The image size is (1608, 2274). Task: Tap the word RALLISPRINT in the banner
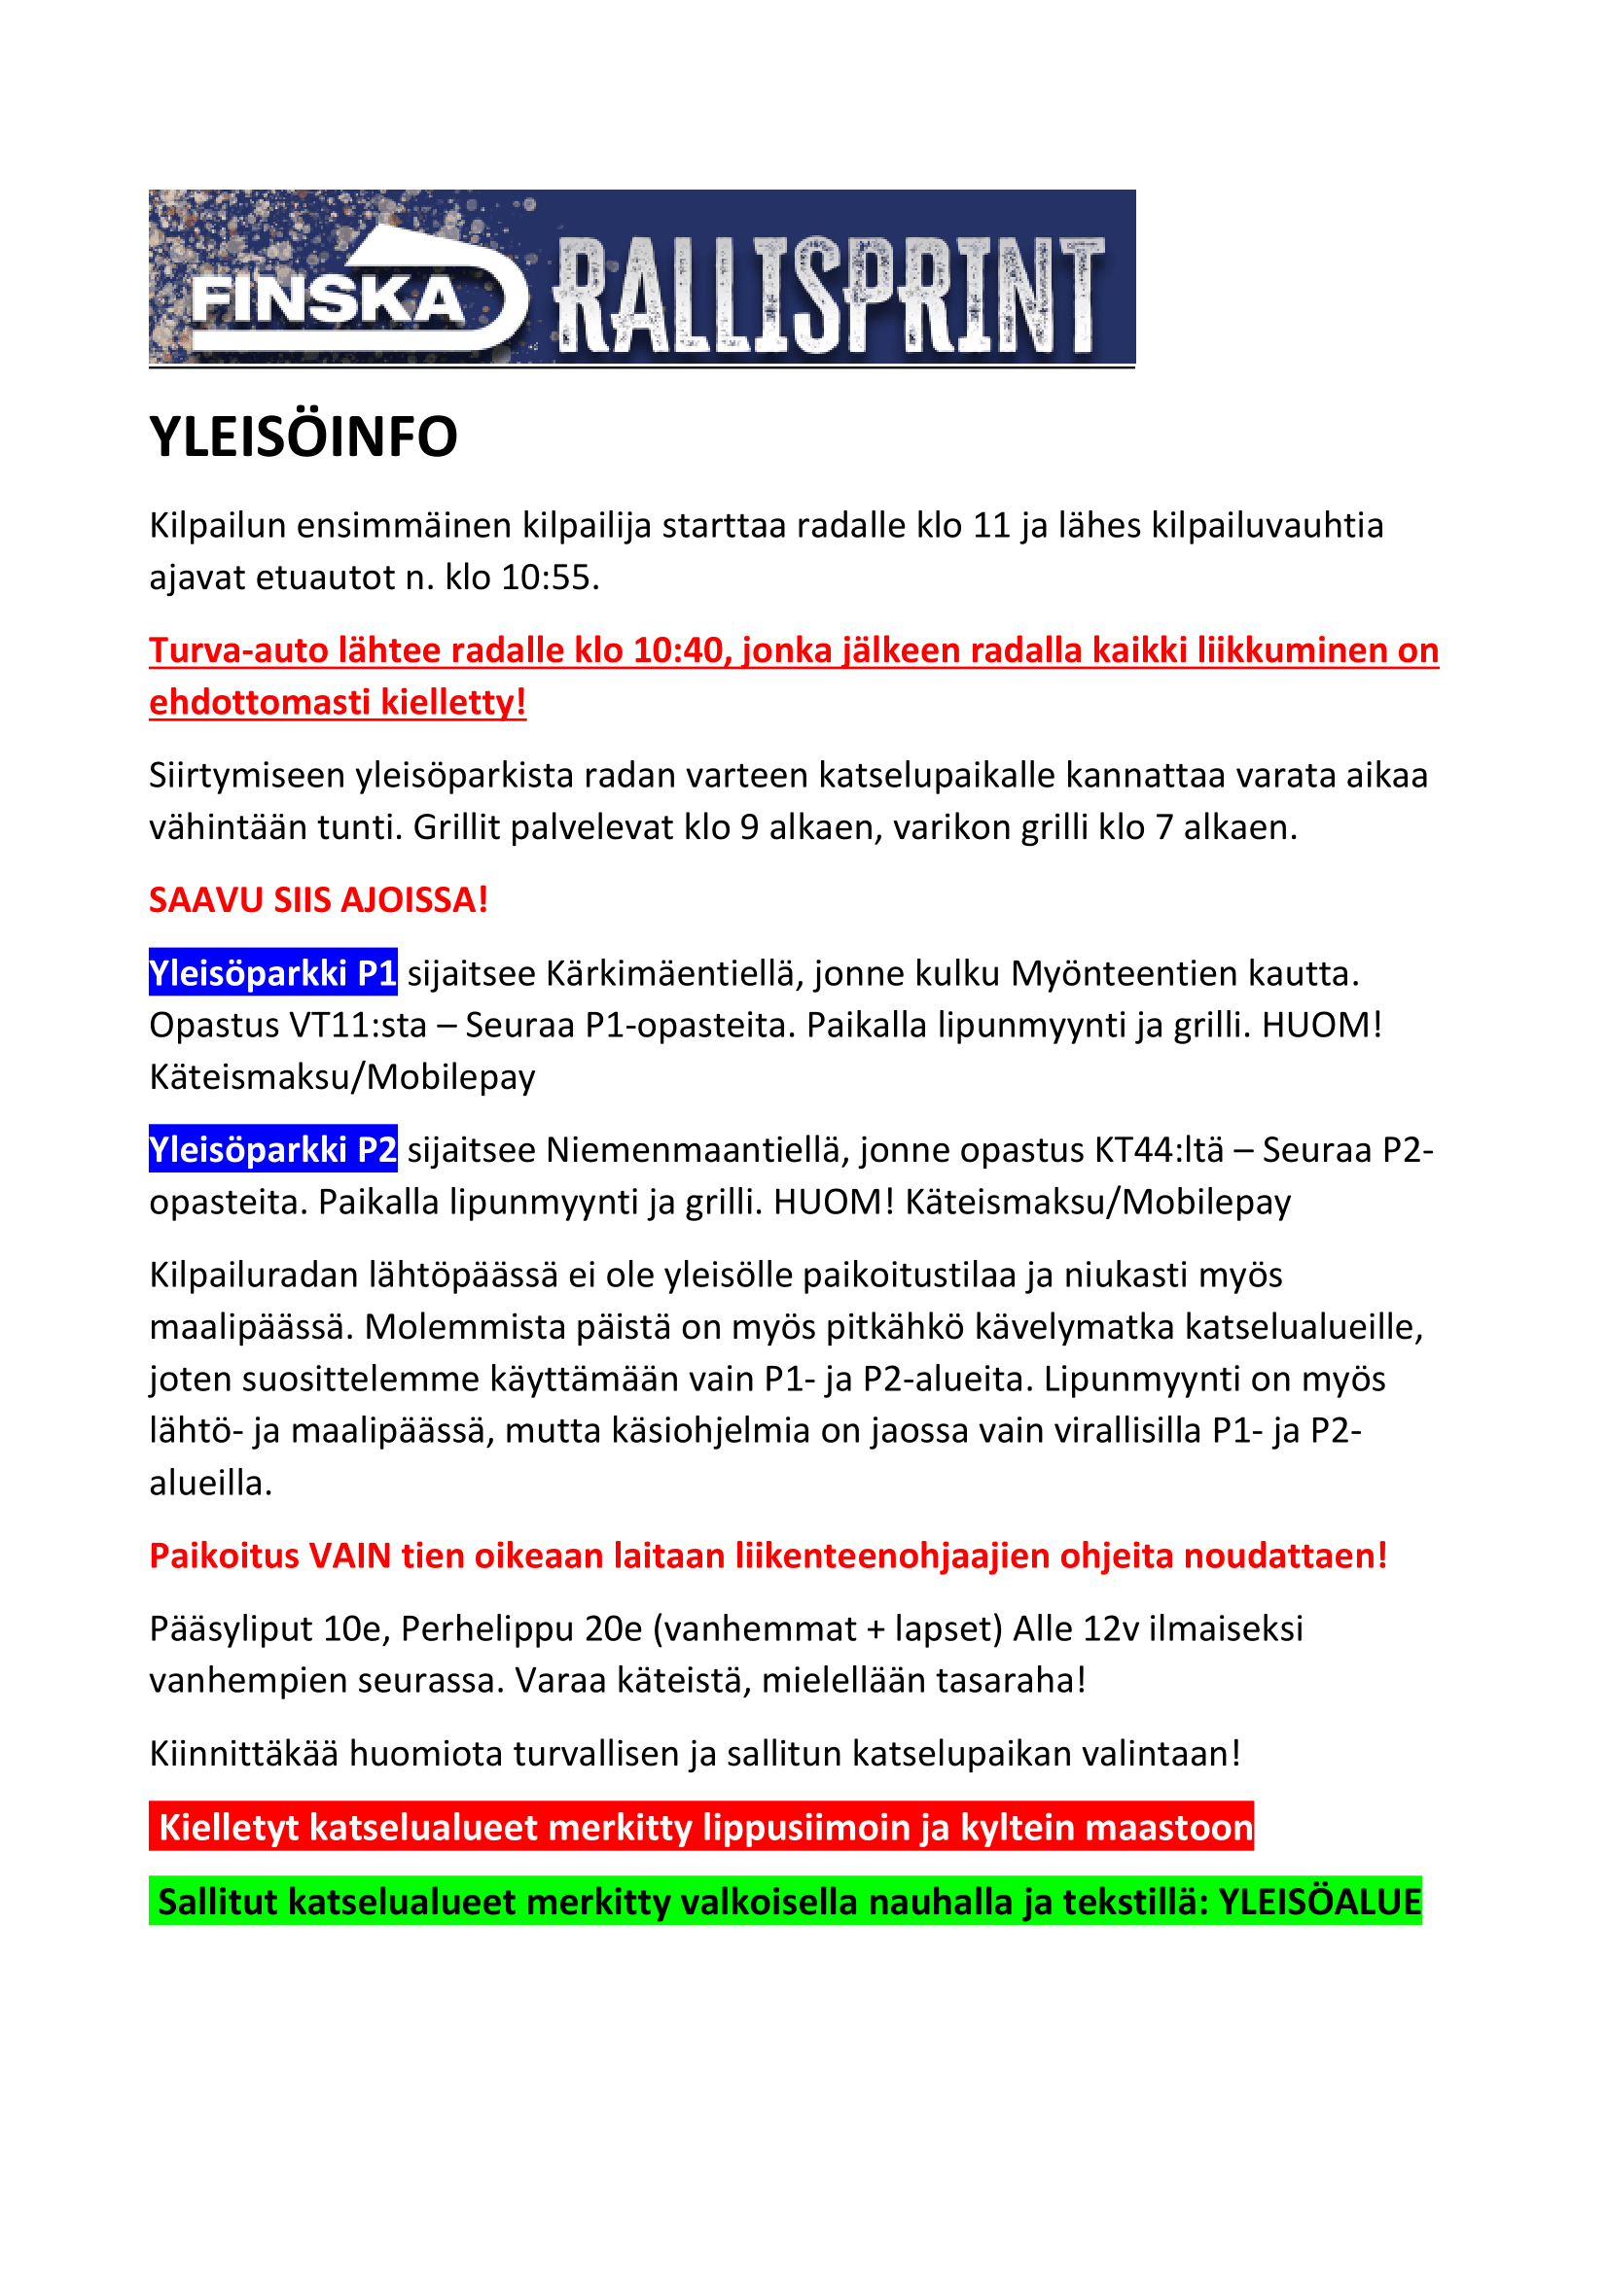(828, 296)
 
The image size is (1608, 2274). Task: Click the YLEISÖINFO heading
(304, 437)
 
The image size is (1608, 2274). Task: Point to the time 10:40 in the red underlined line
(679, 650)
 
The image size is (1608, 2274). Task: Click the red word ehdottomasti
(260, 702)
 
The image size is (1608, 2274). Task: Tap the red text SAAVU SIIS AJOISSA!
(318, 900)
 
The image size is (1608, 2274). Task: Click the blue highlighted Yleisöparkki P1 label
(273, 973)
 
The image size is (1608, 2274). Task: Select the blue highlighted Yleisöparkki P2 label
(273, 1150)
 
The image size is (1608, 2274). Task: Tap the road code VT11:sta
(358, 1025)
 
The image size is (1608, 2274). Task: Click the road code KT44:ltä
(1160, 1150)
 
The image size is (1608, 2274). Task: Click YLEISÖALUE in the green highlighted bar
(1320, 1903)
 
